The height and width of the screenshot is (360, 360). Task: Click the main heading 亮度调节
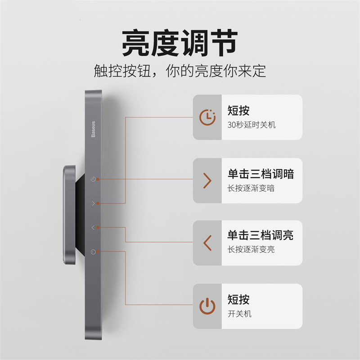pyautogui.click(x=180, y=43)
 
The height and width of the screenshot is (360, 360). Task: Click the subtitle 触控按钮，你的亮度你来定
pyautogui.click(x=180, y=71)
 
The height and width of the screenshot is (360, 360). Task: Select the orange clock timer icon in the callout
pyautogui.click(x=207, y=117)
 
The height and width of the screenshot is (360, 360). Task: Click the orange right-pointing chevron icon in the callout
pyautogui.click(x=207, y=180)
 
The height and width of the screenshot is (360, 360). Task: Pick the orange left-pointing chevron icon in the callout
pyautogui.click(x=207, y=243)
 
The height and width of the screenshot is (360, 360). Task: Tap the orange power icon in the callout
pyautogui.click(x=207, y=306)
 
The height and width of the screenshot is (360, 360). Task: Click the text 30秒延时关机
pyautogui.click(x=251, y=125)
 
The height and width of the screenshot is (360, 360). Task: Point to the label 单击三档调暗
pyautogui.click(x=261, y=174)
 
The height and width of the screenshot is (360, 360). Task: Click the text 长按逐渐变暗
pyautogui.click(x=251, y=188)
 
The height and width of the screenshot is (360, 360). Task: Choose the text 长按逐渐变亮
pyautogui.click(x=251, y=249)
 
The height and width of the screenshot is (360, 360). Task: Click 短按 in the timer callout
pyautogui.click(x=238, y=110)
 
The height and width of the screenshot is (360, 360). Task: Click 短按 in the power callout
pyautogui.click(x=238, y=299)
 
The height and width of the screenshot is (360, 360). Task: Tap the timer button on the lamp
pyautogui.click(x=93, y=179)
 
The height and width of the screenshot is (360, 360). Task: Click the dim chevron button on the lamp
pyautogui.click(x=93, y=203)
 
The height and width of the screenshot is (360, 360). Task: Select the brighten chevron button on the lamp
pyautogui.click(x=93, y=228)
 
